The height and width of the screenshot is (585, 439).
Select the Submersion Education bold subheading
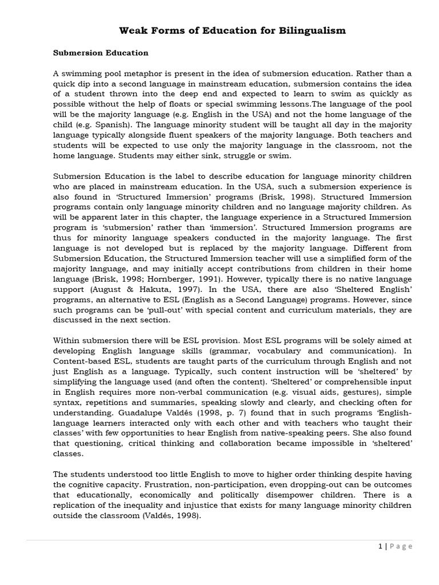click(101, 53)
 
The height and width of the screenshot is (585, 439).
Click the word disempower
click(305, 495)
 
